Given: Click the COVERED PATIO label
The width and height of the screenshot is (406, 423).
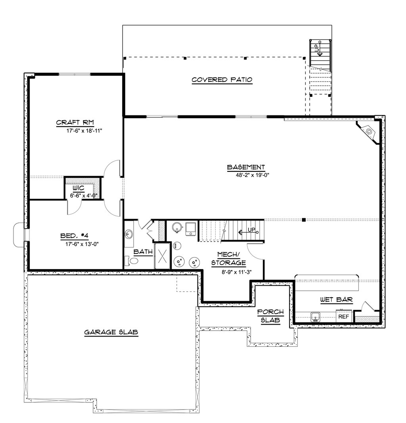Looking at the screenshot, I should pyautogui.click(x=222, y=80).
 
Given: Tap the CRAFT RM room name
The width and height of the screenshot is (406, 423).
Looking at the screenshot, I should pyautogui.click(x=75, y=122).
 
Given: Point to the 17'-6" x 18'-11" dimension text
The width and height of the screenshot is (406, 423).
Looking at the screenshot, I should pyautogui.click(x=82, y=130).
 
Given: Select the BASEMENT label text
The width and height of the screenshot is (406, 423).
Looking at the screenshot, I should pyautogui.click(x=246, y=167).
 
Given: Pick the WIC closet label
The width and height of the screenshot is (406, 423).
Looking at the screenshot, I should pyautogui.click(x=78, y=188).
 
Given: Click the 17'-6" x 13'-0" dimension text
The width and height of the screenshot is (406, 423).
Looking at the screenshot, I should pyautogui.click(x=82, y=244).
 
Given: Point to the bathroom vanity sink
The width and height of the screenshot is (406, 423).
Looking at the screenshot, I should pyautogui.click(x=130, y=234).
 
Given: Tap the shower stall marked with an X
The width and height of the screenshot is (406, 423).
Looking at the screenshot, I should pyautogui.click(x=162, y=256).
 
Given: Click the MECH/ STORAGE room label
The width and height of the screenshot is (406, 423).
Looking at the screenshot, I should pyautogui.click(x=228, y=258).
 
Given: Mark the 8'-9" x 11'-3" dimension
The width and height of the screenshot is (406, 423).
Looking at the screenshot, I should pyautogui.click(x=237, y=272).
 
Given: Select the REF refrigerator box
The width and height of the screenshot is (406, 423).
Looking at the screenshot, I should pyautogui.click(x=344, y=317).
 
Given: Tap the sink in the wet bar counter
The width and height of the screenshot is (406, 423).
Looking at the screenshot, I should pyautogui.click(x=316, y=316).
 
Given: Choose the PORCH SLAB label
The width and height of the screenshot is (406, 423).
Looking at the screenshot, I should pyautogui.click(x=270, y=316).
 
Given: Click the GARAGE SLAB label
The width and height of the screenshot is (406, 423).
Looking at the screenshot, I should pyautogui.click(x=111, y=333).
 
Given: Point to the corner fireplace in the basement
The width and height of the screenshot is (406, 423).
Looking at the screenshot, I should pyautogui.click(x=369, y=131).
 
